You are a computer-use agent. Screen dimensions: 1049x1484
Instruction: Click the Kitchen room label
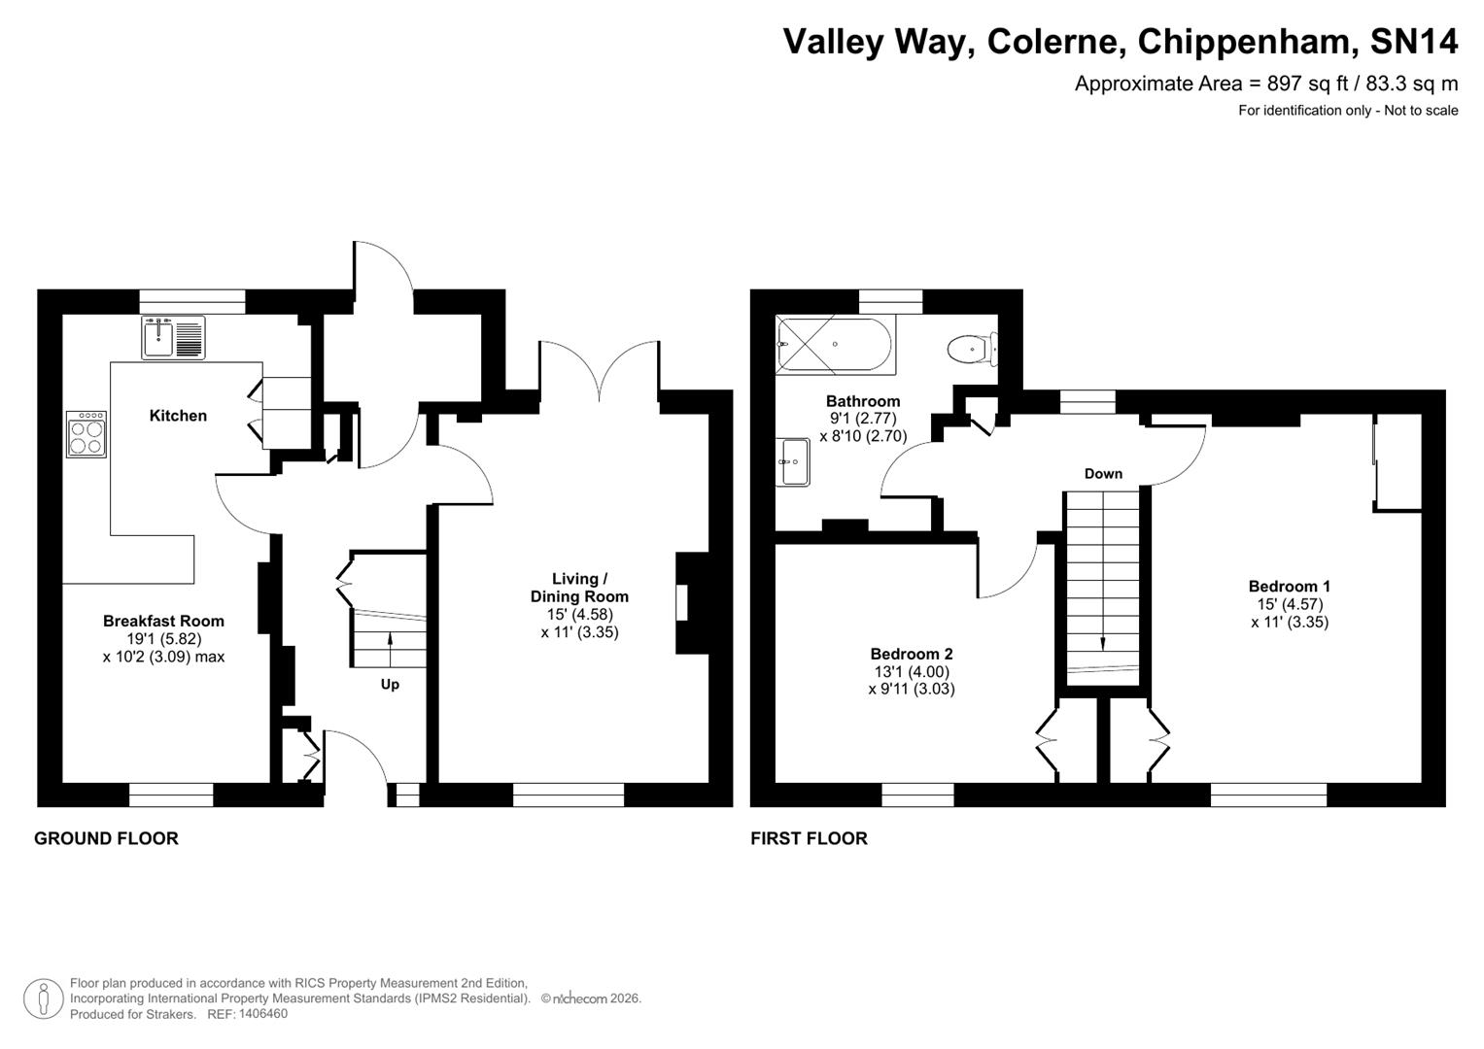[x=178, y=416]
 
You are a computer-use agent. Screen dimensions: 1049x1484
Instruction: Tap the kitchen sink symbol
[x=173, y=338]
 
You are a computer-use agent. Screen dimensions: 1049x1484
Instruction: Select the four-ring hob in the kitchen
[x=86, y=434]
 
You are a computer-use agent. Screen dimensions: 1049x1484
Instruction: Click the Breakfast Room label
[x=163, y=622]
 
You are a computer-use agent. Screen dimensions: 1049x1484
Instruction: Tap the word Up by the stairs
[x=390, y=685]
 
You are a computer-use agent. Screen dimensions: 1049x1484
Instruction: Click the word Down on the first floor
[x=1103, y=474]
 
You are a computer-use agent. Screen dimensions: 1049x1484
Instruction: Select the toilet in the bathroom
[x=971, y=348]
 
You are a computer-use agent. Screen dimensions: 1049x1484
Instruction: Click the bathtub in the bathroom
[x=835, y=346]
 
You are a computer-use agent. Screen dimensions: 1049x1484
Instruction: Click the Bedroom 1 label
[x=1289, y=587]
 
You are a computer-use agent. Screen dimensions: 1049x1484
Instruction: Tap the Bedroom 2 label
[x=911, y=655]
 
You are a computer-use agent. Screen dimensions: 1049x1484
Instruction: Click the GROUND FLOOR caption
[x=106, y=838]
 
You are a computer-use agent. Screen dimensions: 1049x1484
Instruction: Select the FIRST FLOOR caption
[x=809, y=838]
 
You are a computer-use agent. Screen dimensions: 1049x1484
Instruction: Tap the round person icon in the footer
[x=44, y=998]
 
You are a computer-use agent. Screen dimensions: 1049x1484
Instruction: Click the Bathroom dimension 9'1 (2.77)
[x=863, y=419]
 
